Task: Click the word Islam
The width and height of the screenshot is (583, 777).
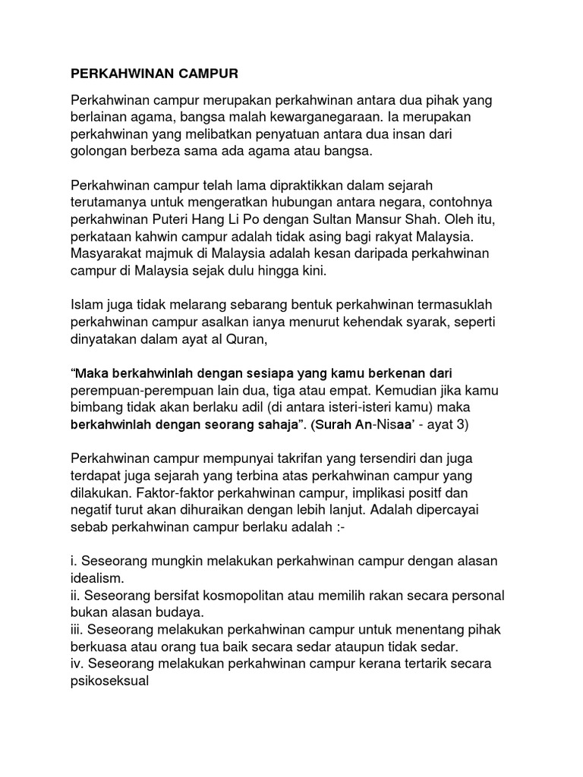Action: pyautogui.click(x=86, y=305)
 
